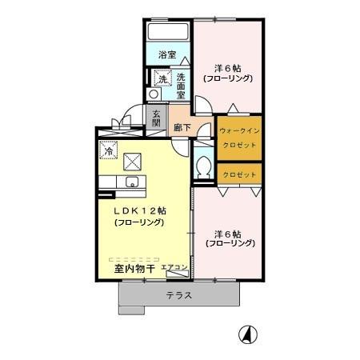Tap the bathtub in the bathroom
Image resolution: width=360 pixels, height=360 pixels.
click(166, 31)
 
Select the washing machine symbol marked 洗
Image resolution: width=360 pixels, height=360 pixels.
click(162, 78)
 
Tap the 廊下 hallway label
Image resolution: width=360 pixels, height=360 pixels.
click(181, 126)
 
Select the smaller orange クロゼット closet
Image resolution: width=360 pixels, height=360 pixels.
click(239, 174)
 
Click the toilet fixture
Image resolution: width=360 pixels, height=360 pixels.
click(203, 168)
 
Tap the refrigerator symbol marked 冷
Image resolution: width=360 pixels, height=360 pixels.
click(106, 149)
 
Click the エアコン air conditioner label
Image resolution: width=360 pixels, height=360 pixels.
click(174, 267)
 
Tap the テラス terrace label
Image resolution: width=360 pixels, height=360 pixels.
click(178, 296)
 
